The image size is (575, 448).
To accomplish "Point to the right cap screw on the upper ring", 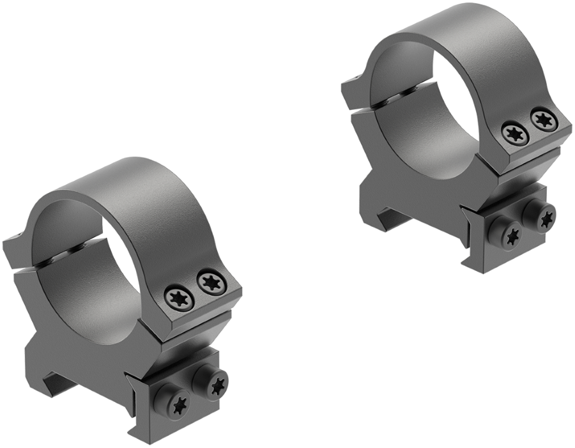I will (x=542, y=119).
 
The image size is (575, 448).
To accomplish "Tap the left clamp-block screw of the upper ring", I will (x=512, y=235).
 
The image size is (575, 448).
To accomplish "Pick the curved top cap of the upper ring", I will (x=460, y=35).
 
